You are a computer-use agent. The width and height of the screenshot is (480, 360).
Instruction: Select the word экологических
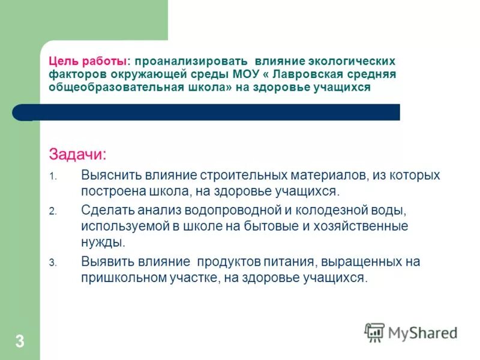click(351, 61)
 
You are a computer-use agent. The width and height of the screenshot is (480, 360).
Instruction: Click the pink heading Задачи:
click(77, 154)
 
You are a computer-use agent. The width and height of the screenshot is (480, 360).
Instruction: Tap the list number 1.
click(53, 176)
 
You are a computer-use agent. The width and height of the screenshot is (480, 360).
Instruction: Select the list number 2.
click(53, 211)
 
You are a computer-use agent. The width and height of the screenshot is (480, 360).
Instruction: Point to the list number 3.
click(53, 263)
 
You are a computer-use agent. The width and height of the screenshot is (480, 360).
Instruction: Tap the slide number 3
click(20, 343)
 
